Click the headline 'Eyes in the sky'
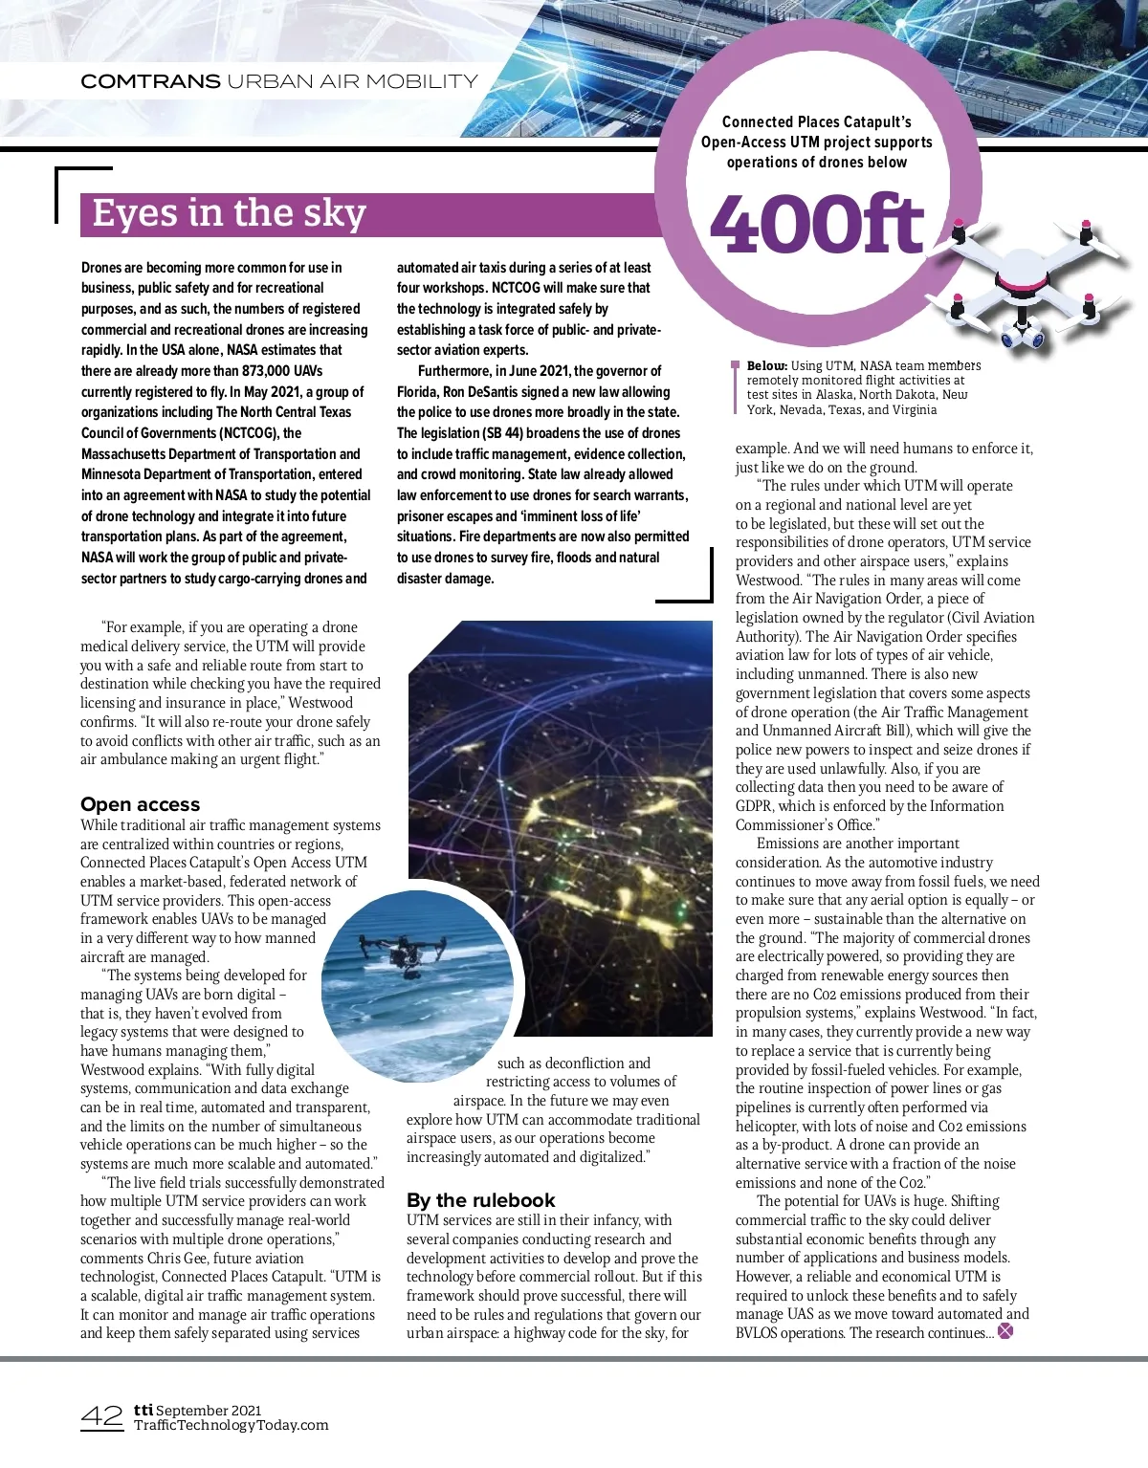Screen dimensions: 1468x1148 (x=229, y=213)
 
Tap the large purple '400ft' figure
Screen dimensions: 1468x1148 (x=818, y=225)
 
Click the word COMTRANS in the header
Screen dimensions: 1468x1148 (x=150, y=81)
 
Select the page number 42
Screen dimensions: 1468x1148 (x=101, y=1416)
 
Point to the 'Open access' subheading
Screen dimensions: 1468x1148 (x=141, y=804)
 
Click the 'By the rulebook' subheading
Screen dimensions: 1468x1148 (x=480, y=1200)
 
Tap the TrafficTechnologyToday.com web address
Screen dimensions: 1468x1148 (x=231, y=1425)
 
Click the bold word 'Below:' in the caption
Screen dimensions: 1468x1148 (x=766, y=365)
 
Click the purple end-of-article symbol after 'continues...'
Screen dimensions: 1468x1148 (x=1005, y=1331)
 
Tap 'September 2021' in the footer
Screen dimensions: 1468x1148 (x=209, y=1410)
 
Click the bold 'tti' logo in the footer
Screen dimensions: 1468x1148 (x=143, y=1409)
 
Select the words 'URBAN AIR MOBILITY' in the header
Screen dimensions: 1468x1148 (x=352, y=81)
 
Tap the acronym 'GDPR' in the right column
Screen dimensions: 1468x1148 (x=755, y=806)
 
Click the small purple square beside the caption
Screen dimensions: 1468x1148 (x=735, y=364)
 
